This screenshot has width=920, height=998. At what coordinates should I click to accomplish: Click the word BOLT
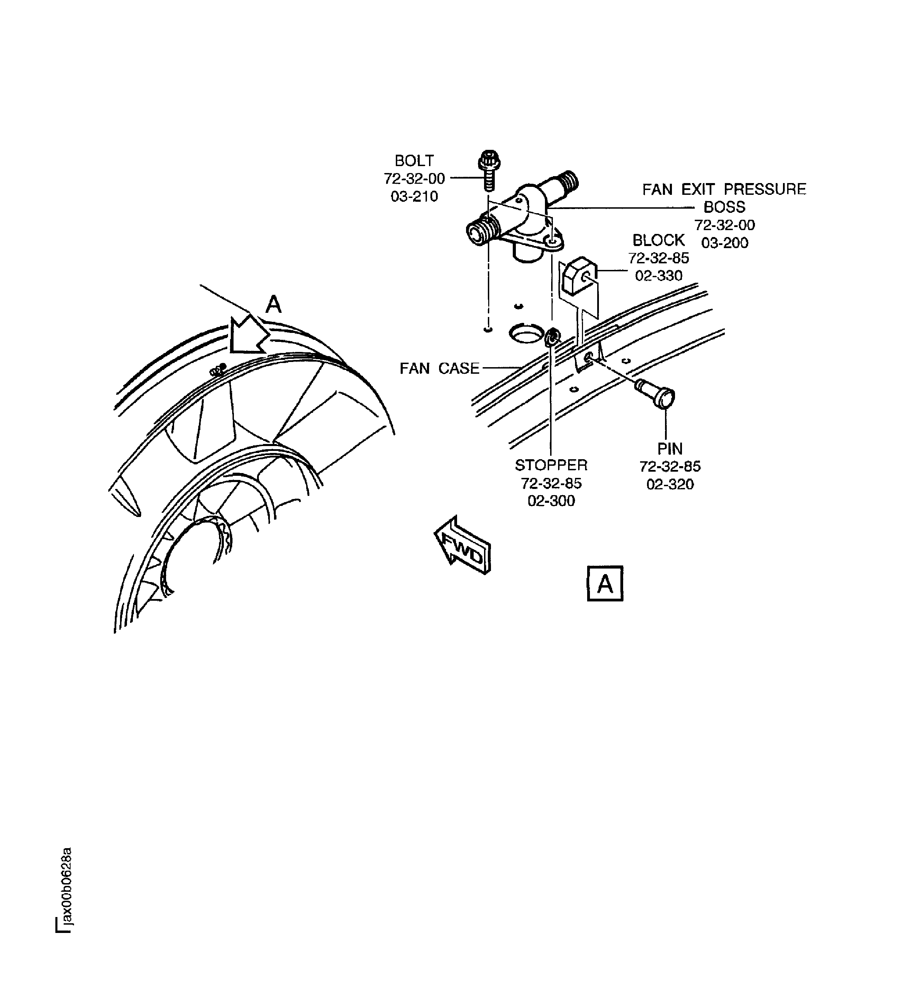pyautogui.click(x=414, y=161)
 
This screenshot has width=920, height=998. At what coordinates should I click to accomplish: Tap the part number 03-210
pyautogui.click(x=414, y=197)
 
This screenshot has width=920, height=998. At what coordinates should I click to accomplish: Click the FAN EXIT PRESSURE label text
pyautogui.click(x=723, y=189)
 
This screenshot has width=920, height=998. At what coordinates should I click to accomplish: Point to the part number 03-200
pyautogui.click(x=725, y=243)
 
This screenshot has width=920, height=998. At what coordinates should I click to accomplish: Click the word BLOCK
pyautogui.click(x=658, y=241)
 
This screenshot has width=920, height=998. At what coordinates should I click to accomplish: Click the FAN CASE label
pyautogui.click(x=439, y=369)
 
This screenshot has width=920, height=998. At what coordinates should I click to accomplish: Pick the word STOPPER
pyautogui.click(x=551, y=465)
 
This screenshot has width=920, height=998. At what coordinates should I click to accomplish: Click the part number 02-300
pyautogui.click(x=551, y=501)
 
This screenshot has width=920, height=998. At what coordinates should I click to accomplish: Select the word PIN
pyautogui.click(x=669, y=449)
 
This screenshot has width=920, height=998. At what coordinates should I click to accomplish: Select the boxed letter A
pyautogui.click(x=605, y=584)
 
